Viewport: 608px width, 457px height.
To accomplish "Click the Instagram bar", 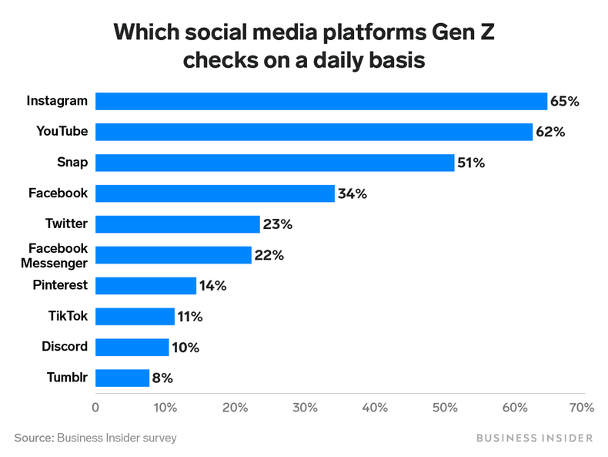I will point(321,101).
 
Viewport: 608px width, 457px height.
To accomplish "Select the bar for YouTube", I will point(314,132).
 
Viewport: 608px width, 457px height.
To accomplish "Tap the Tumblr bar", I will point(122,378).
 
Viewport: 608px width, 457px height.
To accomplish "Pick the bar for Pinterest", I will point(145,285).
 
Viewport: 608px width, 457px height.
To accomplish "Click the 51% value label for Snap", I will point(472,163).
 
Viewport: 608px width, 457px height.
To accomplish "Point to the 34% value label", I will point(352,193).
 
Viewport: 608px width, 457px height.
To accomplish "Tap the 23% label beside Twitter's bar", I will point(277,224).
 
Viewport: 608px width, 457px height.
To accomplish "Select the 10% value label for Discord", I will point(185,348).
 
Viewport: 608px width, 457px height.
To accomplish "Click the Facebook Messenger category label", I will point(58,255).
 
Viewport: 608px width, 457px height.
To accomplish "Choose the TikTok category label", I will point(68,316).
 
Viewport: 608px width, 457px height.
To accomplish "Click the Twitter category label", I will point(67,223).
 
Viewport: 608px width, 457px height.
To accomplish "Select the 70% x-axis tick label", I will point(581,407).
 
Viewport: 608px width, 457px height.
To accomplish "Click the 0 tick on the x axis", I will point(95,407).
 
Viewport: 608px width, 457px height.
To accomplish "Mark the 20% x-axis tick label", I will point(235,407).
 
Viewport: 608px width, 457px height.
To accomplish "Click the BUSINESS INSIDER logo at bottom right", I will point(535,438).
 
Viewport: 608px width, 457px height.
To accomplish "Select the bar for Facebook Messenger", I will point(173,255).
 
